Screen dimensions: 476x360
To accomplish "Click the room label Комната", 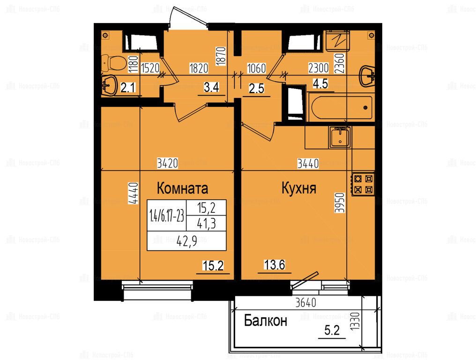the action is (182, 188).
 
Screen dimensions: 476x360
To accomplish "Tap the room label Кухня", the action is (299, 188).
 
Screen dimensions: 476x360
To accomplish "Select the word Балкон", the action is (266, 321).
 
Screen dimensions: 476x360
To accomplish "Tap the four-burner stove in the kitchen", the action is (363, 184).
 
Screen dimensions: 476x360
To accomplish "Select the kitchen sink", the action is (340, 137).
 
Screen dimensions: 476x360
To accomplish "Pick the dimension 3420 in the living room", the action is (167, 164).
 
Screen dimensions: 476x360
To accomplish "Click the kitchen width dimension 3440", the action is (308, 164).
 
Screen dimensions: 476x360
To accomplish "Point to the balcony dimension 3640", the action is (305, 303).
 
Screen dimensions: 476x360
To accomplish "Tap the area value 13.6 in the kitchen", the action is (275, 265).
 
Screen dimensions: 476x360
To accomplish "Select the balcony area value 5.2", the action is (332, 330).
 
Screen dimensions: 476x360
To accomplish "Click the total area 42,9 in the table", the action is (186, 241).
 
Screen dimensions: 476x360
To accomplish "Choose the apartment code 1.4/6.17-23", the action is (167, 216).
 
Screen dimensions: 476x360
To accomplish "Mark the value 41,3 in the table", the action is (207, 224).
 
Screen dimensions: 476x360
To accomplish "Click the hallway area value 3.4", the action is (211, 88).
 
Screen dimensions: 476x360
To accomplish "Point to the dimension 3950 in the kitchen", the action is (340, 203).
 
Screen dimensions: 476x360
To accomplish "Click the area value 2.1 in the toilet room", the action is (128, 88).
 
